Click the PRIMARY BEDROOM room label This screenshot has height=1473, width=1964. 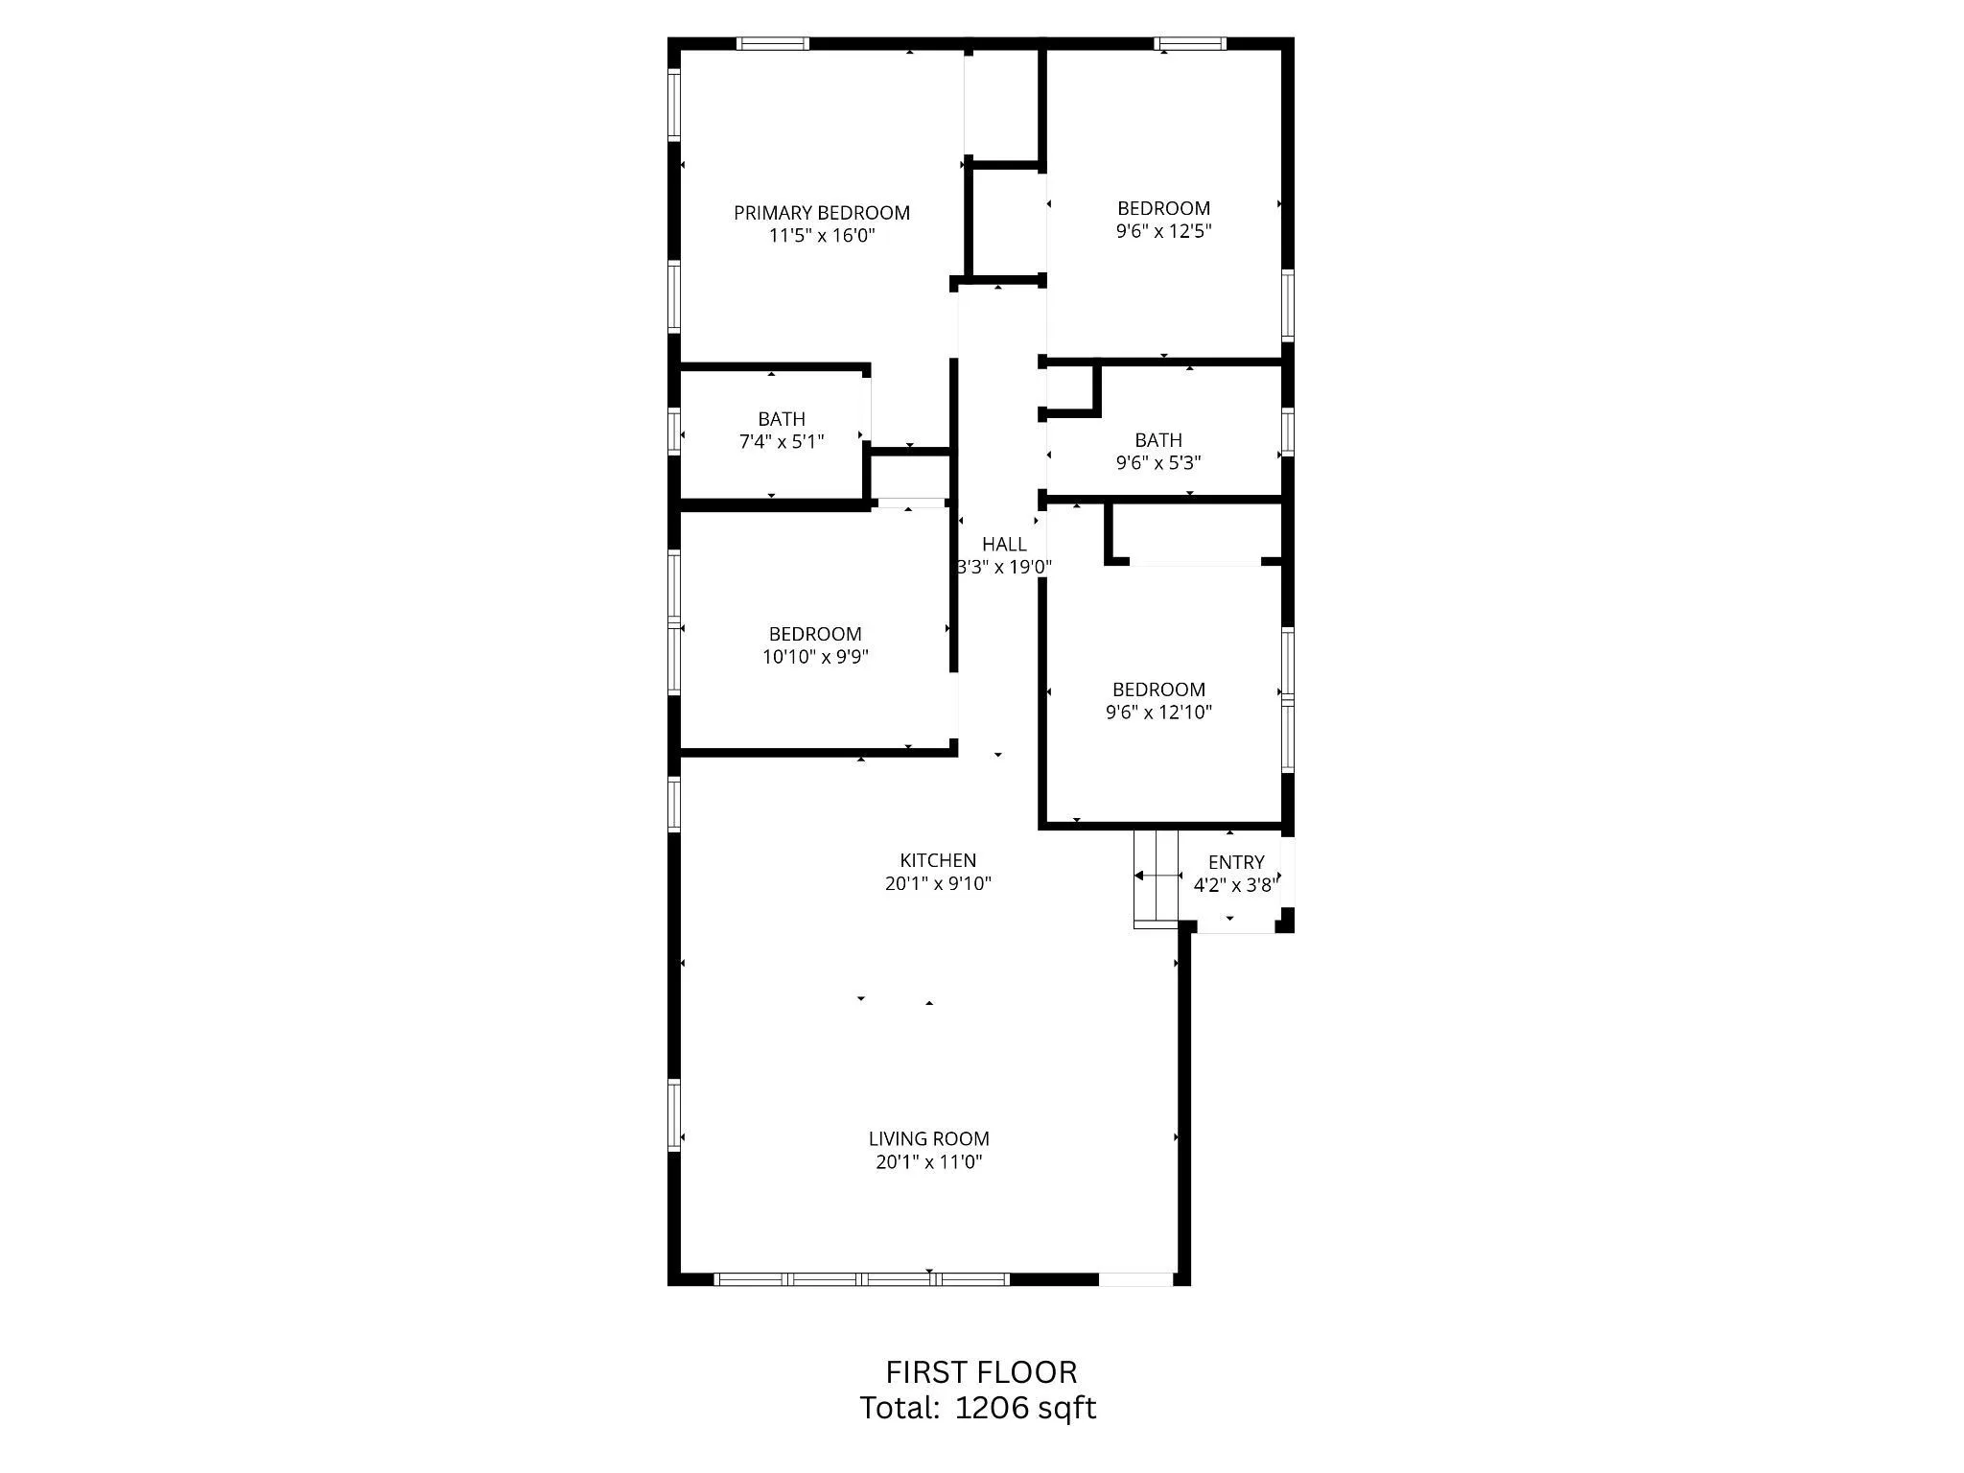(822, 213)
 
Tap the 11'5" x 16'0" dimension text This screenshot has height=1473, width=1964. (822, 236)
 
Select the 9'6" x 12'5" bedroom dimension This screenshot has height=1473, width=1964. (1163, 231)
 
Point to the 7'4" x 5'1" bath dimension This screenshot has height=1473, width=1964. (782, 442)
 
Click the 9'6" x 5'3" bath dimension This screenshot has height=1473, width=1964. (1157, 463)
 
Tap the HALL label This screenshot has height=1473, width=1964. (1004, 545)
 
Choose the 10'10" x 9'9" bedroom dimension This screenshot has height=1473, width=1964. (815, 657)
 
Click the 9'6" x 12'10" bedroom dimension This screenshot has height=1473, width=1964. (1158, 713)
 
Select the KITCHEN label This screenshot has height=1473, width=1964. (938, 861)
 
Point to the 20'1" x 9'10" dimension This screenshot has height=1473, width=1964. (938, 884)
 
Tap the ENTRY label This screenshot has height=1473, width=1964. (1235, 862)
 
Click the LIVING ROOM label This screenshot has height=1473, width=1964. (928, 1139)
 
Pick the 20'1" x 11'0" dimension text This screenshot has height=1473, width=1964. (928, 1162)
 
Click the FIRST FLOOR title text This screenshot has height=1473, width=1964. (981, 1372)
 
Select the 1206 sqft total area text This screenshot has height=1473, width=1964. (1025, 1408)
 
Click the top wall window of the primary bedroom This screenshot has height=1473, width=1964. (772, 43)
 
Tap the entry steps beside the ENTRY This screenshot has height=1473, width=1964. (1156, 877)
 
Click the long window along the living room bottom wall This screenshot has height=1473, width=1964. (861, 1278)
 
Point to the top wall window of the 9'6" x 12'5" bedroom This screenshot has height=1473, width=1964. (1189, 43)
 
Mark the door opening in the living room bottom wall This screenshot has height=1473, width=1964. (1135, 1278)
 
